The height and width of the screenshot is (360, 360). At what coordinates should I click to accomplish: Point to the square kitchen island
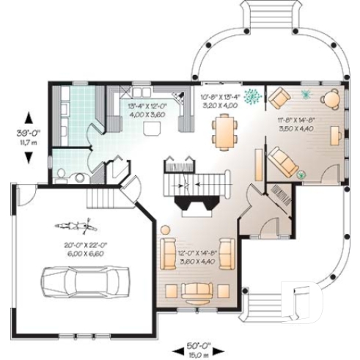153,129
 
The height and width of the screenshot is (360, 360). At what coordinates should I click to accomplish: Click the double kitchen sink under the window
137,93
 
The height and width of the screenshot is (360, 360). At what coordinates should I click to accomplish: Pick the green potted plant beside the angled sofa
301,175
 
